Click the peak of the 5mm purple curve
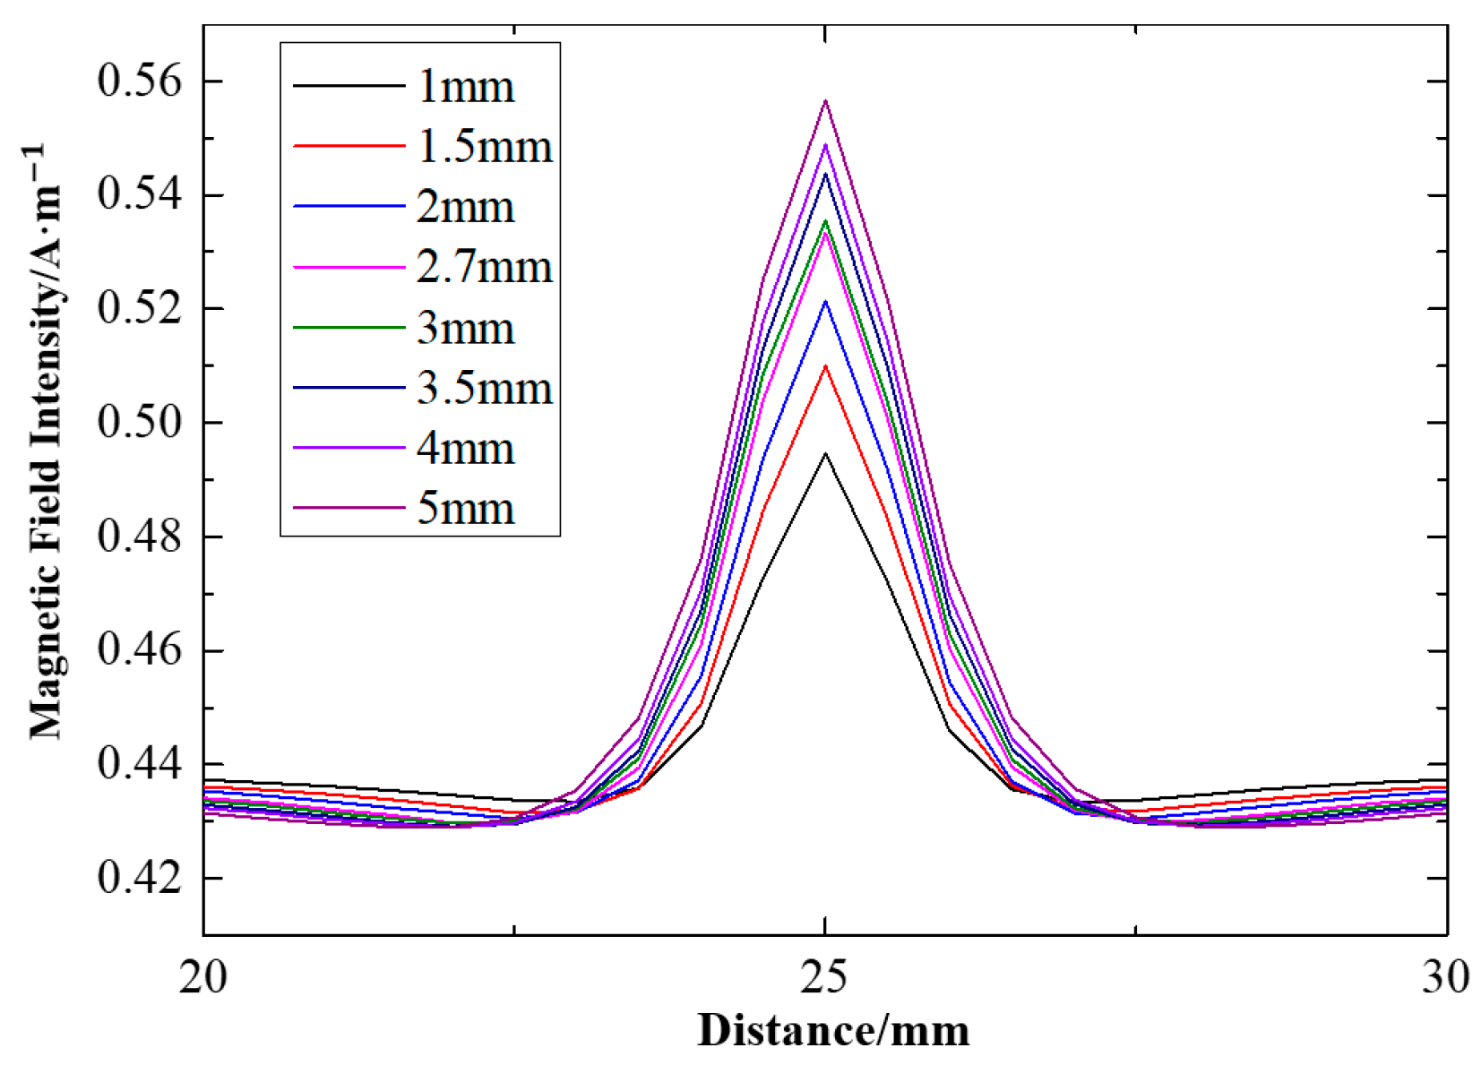pos(825,101)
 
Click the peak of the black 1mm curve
pos(825,454)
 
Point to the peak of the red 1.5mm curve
pos(825,366)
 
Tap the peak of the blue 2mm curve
pos(825,301)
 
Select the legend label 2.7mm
pos(484,267)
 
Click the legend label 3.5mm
pos(484,388)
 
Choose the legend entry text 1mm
pos(465,87)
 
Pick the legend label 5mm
pos(465,509)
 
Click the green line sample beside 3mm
pos(349,328)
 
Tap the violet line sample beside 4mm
pos(349,448)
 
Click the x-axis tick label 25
pos(824,976)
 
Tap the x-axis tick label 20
pos(203,976)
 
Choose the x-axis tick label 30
pos(1445,976)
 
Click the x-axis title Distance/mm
pos(833,1030)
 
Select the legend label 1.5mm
pos(484,146)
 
